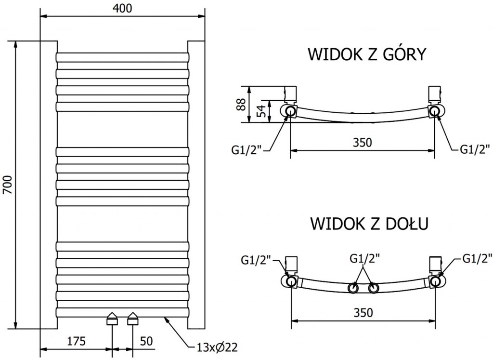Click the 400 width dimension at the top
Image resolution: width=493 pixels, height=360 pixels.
click(x=123, y=8)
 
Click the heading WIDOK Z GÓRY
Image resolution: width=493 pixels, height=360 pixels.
click(x=367, y=54)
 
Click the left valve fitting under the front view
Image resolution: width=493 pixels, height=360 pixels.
click(x=112, y=318)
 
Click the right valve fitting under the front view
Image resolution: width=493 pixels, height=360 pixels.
click(x=132, y=318)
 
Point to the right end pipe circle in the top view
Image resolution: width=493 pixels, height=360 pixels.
click(x=435, y=111)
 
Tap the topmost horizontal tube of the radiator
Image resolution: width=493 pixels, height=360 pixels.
click(x=123, y=57)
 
